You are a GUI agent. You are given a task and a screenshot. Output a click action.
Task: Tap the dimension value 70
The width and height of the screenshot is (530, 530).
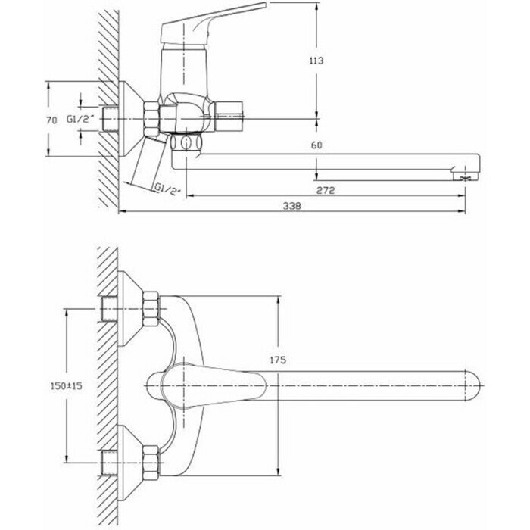[x=51, y=118]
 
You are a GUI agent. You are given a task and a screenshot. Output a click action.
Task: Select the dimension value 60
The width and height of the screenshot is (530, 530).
[x=317, y=144]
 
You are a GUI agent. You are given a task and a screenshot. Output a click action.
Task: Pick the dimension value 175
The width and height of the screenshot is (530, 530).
[x=276, y=361]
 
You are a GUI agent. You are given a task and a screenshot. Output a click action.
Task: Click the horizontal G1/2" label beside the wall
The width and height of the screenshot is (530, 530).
[x=78, y=119]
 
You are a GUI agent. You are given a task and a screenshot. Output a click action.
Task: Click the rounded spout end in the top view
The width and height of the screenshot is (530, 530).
[x=469, y=385]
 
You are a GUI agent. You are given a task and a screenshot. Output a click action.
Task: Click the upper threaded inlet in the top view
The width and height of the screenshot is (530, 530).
[x=109, y=309]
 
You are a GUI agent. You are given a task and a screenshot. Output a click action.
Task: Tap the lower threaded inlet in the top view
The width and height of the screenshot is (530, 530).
[x=109, y=460]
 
